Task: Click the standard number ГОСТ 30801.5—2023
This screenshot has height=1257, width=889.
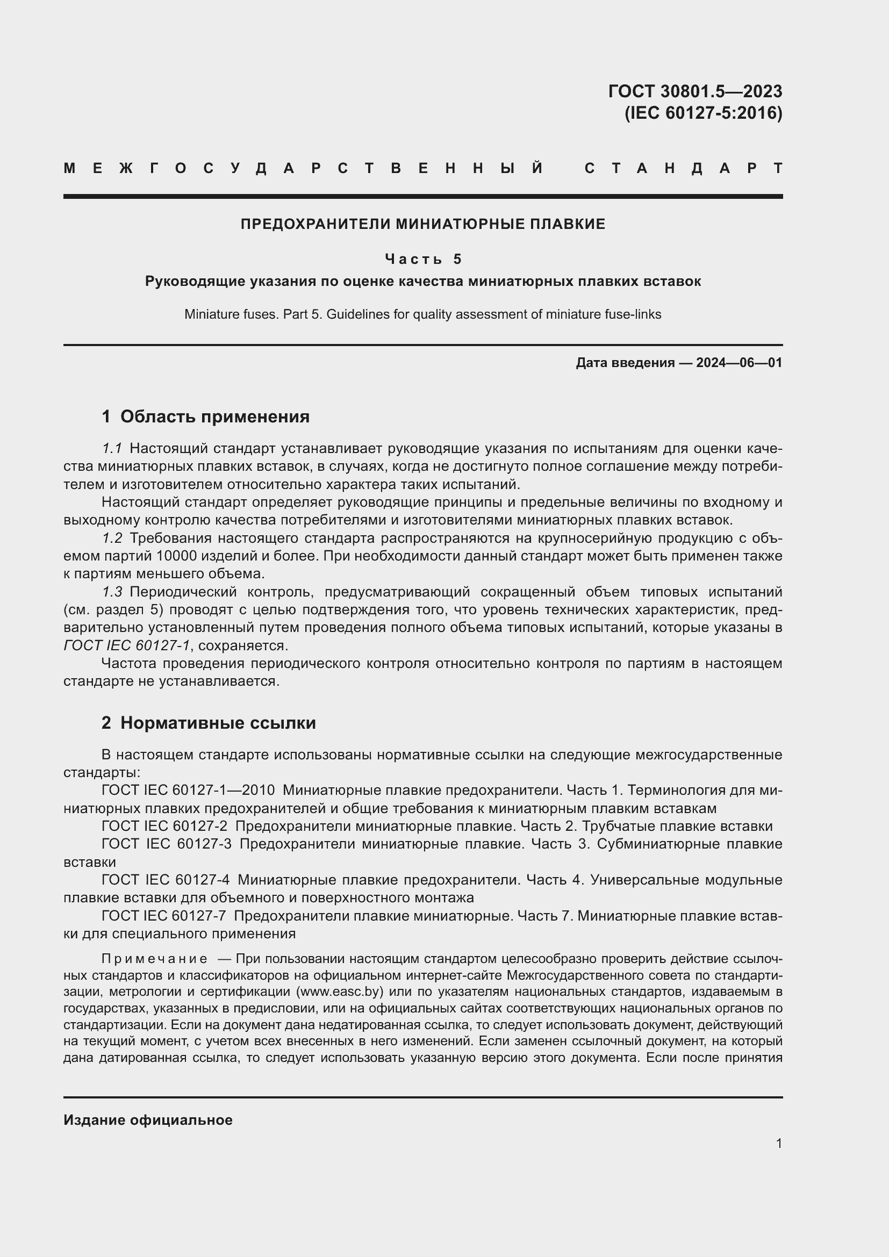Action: [x=694, y=91]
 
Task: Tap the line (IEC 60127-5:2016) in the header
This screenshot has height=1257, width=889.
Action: [x=703, y=113]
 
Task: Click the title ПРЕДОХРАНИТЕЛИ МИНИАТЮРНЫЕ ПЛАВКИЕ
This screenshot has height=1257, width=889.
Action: [x=422, y=224]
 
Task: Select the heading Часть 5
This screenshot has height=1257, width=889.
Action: [x=423, y=258]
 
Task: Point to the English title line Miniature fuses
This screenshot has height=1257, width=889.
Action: [x=422, y=314]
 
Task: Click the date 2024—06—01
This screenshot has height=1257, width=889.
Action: [x=739, y=362]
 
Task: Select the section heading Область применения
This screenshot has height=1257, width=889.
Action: [x=214, y=416]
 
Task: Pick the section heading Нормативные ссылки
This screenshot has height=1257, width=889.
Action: [x=218, y=723]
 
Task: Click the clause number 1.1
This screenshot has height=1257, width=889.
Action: [x=112, y=448]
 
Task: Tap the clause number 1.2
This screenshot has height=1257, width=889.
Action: [x=112, y=538]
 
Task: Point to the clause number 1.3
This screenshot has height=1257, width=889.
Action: [x=112, y=592]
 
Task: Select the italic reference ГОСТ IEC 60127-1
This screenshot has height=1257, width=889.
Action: [x=126, y=645]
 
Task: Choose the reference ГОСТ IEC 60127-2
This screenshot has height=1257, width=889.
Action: [x=164, y=826]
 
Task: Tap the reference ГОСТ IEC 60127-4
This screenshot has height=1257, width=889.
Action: [x=166, y=880]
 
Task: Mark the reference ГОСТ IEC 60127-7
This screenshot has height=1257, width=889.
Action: [x=164, y=915]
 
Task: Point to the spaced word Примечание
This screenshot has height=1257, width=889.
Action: [x=154, y=959]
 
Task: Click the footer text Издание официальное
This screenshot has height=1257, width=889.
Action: [x=148, y=1120]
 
